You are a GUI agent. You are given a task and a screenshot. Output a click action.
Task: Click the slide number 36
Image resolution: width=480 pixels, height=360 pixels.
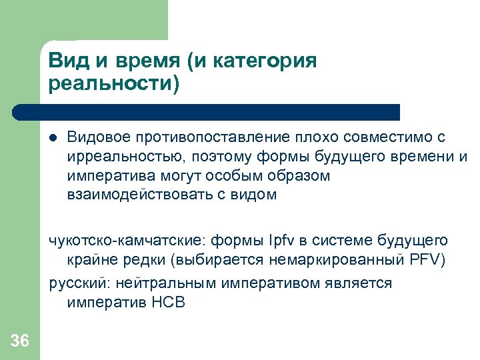point(20,341)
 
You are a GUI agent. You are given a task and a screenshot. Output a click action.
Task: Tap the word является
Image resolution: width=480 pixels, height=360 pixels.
point(361,283)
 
